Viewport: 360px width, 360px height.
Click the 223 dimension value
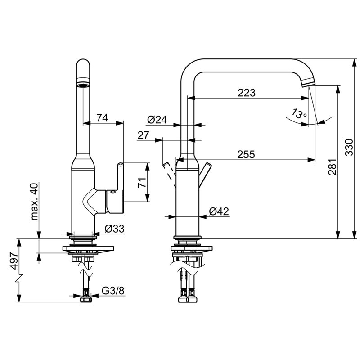pyautogui.click(x=246, y=93)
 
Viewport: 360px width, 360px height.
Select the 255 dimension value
pyautogui.click(x=246, y=154)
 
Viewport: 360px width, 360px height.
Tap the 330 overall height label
pyautogui.click(x=349, y=148)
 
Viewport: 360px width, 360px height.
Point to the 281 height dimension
pyautogui.click(x=332, y=167)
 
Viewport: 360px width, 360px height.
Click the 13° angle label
pyautogui.click(x=299, y=113)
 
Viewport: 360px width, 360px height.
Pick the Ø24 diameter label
pyautogui.click(x=157, y=120)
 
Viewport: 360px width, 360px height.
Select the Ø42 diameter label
pyautogui.click(x=219, y=211)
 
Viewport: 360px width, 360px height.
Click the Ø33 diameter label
pyautogui.click(x=115, y=229)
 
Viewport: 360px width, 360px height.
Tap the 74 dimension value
pyautogui.click(x=102, y=118)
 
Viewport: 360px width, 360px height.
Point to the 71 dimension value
pyautogui.click(x=142, y=183)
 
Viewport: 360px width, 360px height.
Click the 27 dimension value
pyautogui.click(x=143, y=135)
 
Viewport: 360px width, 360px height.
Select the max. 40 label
pyautogui.click(x=34, y=202)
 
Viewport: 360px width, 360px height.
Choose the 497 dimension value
pyautogui.click(x=14, y=261)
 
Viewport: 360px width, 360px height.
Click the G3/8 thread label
pyautogui.click(x=113, y=291)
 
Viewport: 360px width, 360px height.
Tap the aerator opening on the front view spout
pyautogui.click(x=83, y=85)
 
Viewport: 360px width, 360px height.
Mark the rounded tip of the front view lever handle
pyautogui.click(x=121, y=164)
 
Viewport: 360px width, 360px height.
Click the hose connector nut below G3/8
pyautogui.click(x=86, y=299)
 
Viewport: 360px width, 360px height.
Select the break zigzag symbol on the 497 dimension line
pyautogui.click(x=19, y=278)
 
